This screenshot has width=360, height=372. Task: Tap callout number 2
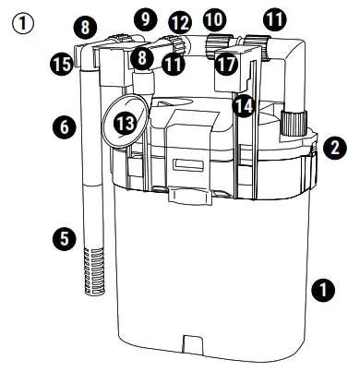tap(335, 145)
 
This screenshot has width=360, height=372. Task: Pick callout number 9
tap(144, 18)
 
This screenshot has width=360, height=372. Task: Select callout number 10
tap(214, 18)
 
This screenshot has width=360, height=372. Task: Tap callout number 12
tap(179, 20)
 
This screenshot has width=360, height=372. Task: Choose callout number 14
tap(243, 106)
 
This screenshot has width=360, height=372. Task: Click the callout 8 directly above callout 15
tap(86, 28)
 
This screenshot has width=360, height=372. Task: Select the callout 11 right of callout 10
tap(273, 18)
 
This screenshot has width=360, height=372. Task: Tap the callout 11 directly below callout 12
tap(173, 64)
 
